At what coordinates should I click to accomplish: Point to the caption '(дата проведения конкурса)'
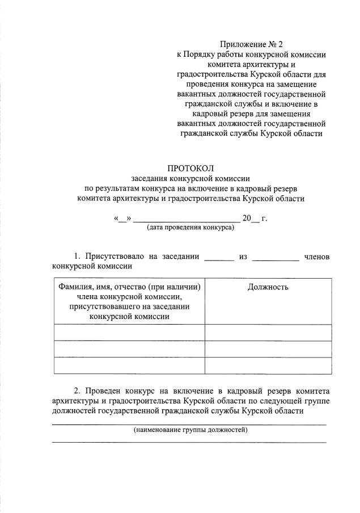coord(190,228)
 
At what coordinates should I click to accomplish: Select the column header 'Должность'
coord(268,287)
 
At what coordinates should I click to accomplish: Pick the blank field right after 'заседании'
coord(219,258)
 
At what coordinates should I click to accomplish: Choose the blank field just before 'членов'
coord(276,258)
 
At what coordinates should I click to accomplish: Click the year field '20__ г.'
coord(254,218)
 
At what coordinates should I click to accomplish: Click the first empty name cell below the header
coord(129,332)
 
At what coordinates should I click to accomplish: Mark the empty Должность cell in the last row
coord(268,365)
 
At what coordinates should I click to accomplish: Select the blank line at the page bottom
coord(189,441)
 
